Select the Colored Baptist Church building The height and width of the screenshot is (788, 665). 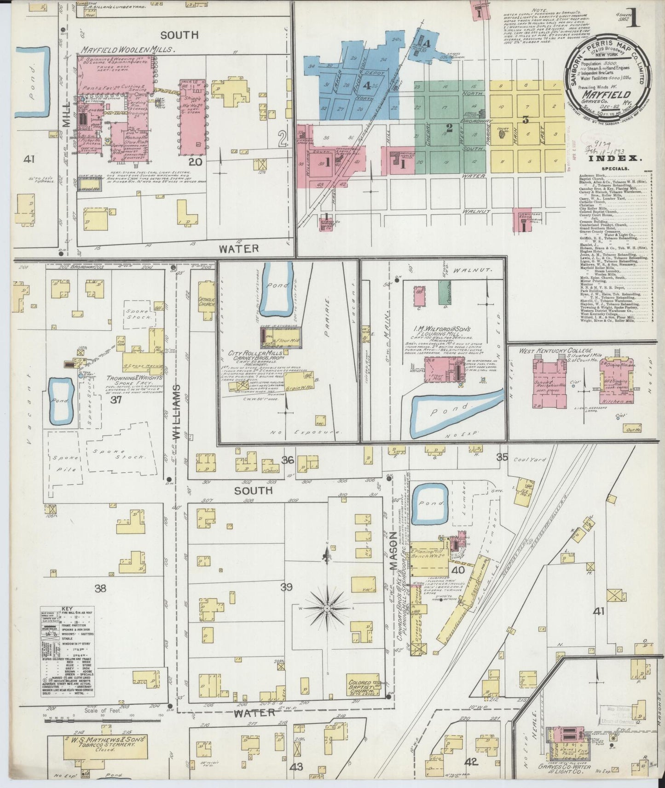(x=366, y=688)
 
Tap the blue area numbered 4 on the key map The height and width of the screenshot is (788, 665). (x=367, y=85)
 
